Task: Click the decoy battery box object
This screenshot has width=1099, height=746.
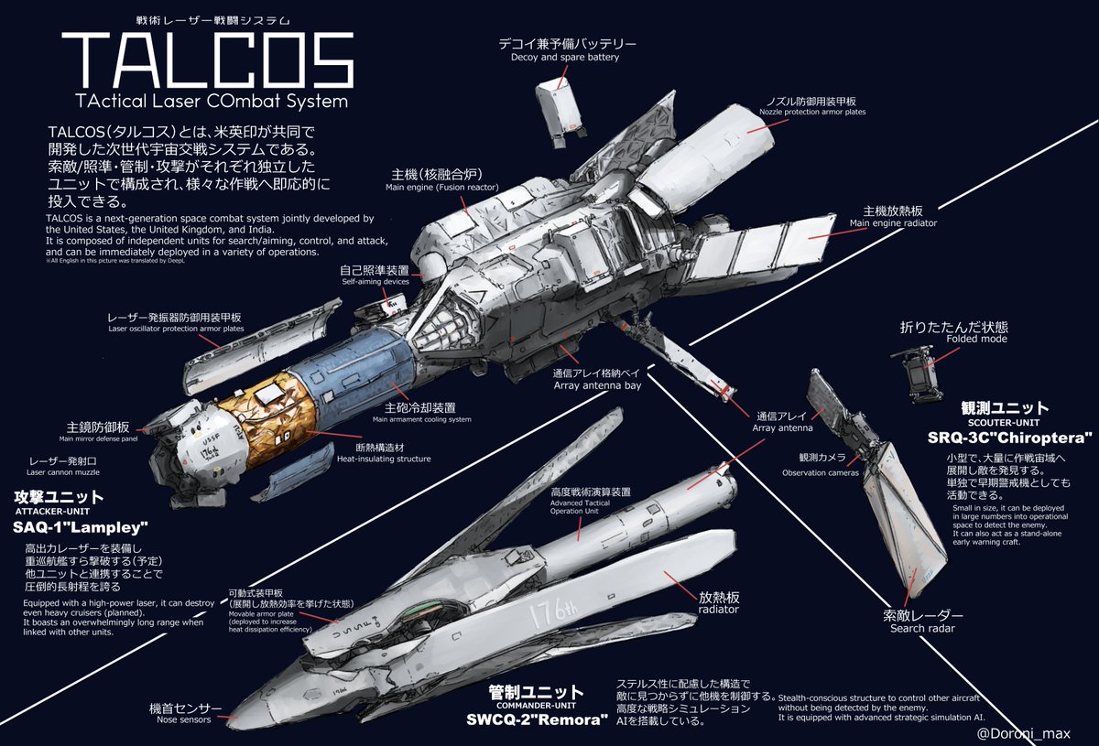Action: [x=561, y=106]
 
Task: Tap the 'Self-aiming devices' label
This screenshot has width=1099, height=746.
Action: [x=375, y=282]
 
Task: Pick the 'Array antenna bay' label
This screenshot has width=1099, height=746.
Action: [x=597, y=385]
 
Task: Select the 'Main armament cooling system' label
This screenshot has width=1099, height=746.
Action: [x=421, y=419]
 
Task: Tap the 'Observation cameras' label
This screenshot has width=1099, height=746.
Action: [x=819, y=472]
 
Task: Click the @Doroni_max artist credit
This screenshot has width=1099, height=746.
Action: [x=1024, y=732]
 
